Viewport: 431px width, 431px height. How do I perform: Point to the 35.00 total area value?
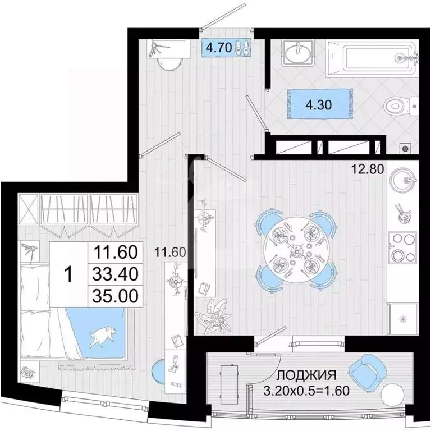(114, 295)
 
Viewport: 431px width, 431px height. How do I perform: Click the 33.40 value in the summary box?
(114, 274)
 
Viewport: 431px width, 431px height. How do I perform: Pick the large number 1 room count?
(69, 274)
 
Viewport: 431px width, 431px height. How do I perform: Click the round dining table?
(295, 247)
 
